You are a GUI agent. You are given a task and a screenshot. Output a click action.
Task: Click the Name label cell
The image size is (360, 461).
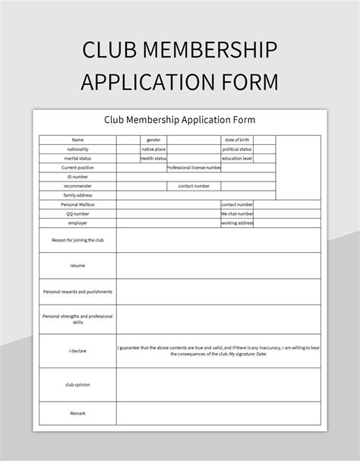[77, 140]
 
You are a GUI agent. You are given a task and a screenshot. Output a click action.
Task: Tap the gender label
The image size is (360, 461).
[153, 140]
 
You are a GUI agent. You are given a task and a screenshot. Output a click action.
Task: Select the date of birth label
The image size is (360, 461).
[237, 140]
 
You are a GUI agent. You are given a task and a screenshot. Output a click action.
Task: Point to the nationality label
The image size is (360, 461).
[77, 149]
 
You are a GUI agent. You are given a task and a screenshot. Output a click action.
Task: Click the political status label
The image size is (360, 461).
[237, 149]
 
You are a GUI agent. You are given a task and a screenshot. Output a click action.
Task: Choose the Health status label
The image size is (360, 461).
[153, 158]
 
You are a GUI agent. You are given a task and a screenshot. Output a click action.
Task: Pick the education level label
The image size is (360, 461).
[237, 158]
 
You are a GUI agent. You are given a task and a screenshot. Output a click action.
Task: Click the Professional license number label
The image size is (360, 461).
[194, 167]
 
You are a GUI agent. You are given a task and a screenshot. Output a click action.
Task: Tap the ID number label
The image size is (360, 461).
[77, 176]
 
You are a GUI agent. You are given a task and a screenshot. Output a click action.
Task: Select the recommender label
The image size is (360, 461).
[77, 185]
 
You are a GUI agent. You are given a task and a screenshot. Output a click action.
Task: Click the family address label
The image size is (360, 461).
[77, 195]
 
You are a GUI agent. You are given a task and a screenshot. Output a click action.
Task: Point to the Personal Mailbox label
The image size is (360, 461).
[77, 204]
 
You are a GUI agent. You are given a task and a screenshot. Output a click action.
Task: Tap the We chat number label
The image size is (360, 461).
[236, 213]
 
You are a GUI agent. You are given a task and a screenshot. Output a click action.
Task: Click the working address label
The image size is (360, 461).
[236, 223]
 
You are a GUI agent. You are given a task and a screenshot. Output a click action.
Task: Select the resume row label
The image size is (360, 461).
[77, 266]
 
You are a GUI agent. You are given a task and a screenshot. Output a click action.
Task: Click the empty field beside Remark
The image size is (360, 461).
[218, 412]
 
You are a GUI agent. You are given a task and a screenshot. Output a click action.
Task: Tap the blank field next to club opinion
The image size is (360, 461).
[218, 384]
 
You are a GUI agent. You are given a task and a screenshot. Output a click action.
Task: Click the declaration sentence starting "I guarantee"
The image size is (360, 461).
[218, 350]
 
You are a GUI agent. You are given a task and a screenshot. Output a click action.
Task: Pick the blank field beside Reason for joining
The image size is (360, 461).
[218, 240]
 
